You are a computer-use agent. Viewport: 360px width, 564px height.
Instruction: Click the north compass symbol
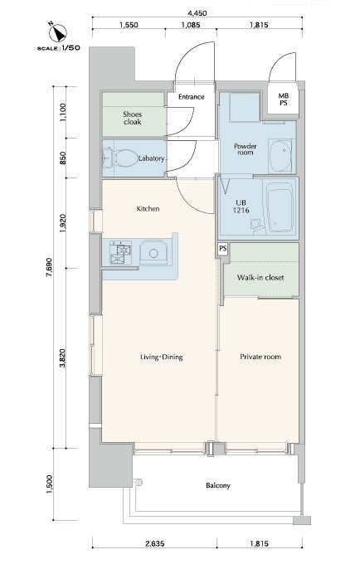(x=57, y=32)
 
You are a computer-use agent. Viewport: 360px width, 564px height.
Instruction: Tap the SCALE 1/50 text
(x=58, y=48)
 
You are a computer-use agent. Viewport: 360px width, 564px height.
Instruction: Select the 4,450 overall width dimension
(x=197, y=13)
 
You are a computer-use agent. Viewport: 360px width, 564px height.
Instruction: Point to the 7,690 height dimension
(x=49, y=266)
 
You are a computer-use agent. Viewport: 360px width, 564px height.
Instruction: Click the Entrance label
(x=192, y=97)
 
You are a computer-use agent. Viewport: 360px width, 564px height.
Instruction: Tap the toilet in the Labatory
(x=124, y=158)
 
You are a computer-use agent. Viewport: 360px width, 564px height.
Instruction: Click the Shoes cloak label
(x=133, y=118)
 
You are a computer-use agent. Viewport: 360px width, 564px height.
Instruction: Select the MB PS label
(x=284, y=100)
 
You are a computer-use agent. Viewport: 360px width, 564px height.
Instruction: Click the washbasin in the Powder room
(x=280, y=156)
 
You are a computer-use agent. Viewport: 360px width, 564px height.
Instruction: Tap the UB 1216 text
(x=241, y=207)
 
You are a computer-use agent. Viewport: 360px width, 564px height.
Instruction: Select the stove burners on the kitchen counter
(x=120, y=252)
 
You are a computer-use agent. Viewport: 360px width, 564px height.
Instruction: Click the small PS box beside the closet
(x=223, y=249)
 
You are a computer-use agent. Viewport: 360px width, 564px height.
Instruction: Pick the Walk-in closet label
(x=260, y=278)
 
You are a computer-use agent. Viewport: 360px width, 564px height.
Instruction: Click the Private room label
(x=260, y=357)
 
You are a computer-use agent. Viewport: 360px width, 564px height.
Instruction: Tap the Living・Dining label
(x=162, y=357)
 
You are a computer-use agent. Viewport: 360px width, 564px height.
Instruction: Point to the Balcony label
(x=218, y=485)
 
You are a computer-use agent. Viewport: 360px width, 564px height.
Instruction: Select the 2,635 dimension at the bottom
(x=155, y=544)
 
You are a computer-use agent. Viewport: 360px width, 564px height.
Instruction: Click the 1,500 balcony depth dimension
(x=49, y=484)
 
